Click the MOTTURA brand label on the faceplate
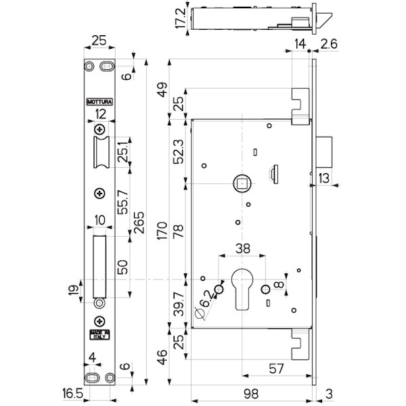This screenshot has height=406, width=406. coord(99,102)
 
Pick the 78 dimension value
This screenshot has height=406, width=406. coord(178,231)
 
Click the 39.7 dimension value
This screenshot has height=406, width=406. coord(178,302)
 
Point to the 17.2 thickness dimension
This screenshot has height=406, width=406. coord(181,18)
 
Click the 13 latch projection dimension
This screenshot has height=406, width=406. coord(325,178)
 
